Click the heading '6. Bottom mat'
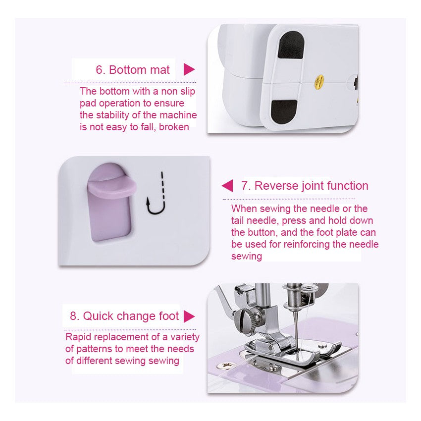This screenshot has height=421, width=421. pos(132,70)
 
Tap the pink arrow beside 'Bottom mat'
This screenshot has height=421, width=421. pos(189,69)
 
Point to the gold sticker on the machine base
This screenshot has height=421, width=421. pos(319,79)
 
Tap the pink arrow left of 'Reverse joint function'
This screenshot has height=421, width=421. pos(227,186)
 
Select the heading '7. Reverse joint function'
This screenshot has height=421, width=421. pos(304,186)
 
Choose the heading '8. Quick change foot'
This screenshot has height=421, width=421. pos(124,316)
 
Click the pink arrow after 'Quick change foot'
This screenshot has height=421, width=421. pos(189,316)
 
